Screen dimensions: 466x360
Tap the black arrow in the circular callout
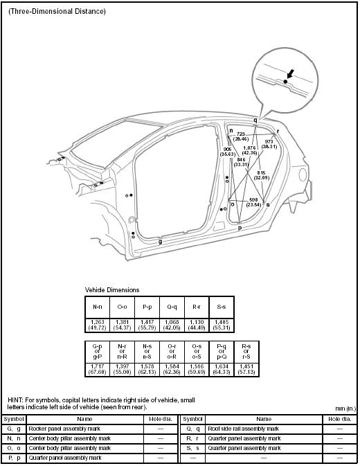pyautogui.click(x=289, y=73)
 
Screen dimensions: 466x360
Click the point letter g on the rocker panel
pyautogui.click(x=161, y=242)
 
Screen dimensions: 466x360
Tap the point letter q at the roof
pyautogui.click(x=255, y=120)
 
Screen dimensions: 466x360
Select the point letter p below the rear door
pyautogui.click(x=240, y=227)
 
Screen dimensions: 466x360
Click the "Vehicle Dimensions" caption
pyautogui.click(x=111, y=289)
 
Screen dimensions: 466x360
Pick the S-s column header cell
pyautogui.click(x=221, y=305)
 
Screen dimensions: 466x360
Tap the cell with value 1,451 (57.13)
pyautogui.click(x=245, y=369)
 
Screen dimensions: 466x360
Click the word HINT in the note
pyautogui.click(x=15, y=401)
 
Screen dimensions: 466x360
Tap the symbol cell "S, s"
pyautogui.click(x=193, y=449)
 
